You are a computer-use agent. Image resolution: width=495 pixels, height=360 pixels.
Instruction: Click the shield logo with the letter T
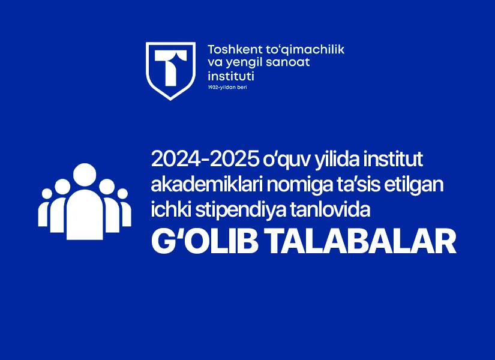pyautogui.click(x=170, y=71)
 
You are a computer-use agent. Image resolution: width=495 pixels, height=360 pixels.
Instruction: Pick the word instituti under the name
pyautogui.click(x=231, y=76)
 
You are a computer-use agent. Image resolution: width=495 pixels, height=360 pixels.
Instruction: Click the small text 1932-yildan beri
pyautogui.click(x=227, y=87)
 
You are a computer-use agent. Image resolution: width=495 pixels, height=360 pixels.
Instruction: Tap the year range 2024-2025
pyautogui.click(x=205, y=160)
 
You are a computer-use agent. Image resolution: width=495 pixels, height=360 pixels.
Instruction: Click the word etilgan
pyautogui.click(x=413, y=185)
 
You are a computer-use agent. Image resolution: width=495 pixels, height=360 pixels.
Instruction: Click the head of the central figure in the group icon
pyautogui.click(x=85, y=175)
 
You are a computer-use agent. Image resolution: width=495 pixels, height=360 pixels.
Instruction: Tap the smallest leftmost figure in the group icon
pyautogui.click(x=44, y=208)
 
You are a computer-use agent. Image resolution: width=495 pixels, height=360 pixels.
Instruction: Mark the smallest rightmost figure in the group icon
pyautogui.click(x=125, y=208)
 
